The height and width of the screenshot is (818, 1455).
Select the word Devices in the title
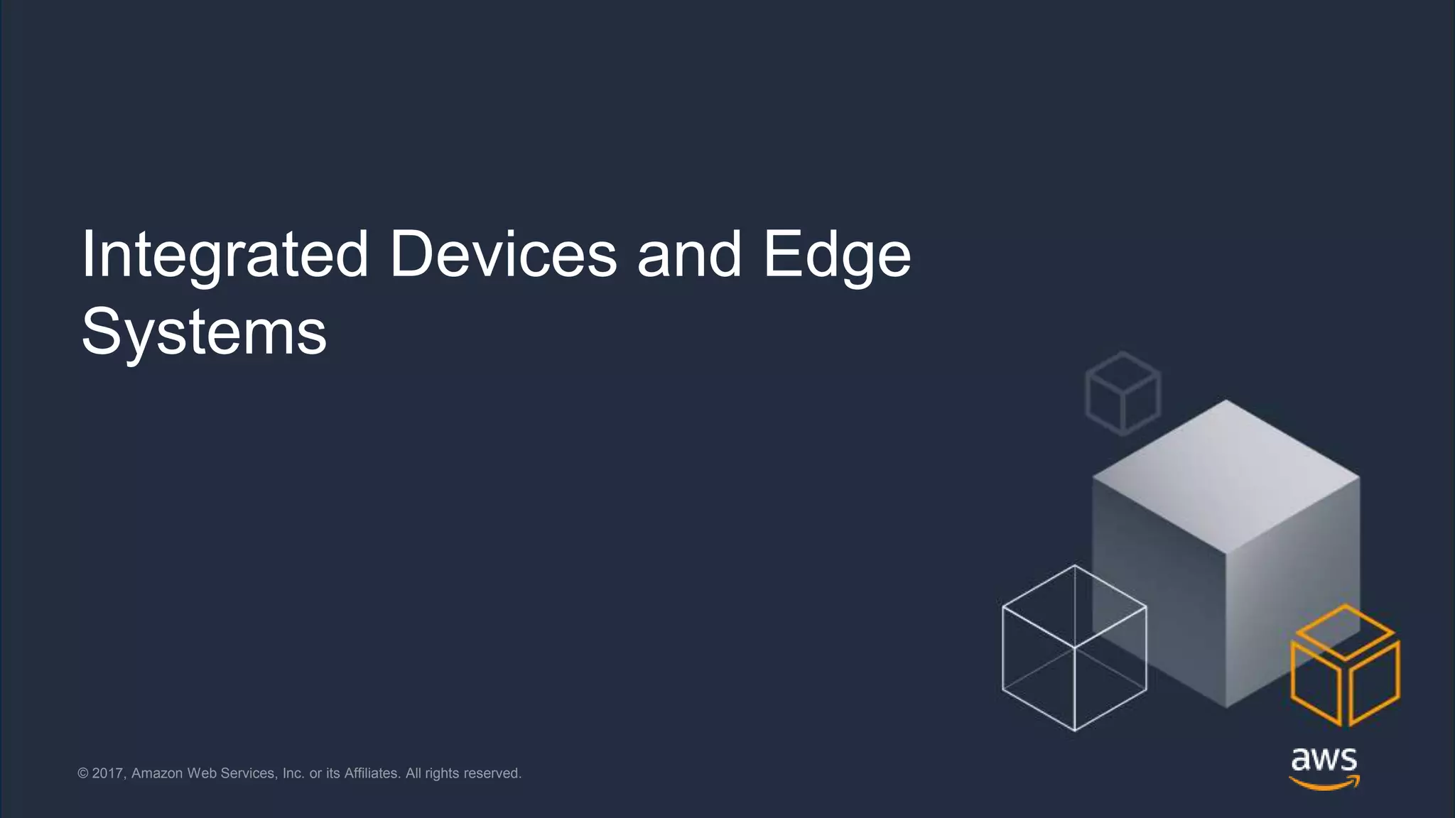503,254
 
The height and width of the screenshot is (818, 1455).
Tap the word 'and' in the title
689,254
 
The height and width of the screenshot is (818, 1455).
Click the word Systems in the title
204,332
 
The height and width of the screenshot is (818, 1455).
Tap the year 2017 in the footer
108,773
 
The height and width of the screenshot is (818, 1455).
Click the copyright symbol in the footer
83,773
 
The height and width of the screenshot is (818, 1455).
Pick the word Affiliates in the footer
372,773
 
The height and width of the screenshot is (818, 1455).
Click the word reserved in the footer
492,773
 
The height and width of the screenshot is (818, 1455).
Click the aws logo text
1324,760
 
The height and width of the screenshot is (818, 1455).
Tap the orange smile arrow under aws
1324,783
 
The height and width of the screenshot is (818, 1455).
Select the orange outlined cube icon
1345,665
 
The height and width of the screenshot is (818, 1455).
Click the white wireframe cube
1074,648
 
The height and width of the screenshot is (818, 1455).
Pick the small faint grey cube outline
1123,393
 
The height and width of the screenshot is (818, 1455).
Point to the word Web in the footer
202,773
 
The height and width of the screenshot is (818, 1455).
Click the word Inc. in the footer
293,773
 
